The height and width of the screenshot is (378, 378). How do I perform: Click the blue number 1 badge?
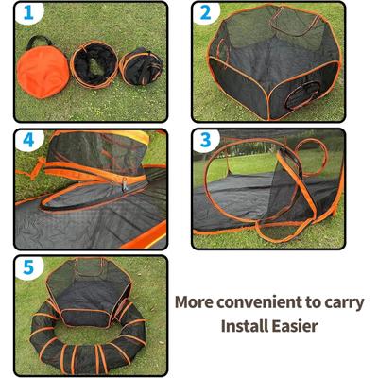[x=27, y=15]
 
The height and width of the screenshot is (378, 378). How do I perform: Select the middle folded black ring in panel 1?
[x=95, y=69]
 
